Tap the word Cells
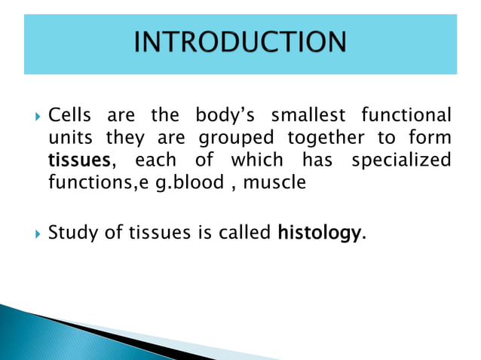click(69, 117)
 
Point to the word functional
click(406, 117)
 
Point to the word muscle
click(281, 182)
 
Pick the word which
click(257, 160)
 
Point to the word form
click(432, 139)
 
